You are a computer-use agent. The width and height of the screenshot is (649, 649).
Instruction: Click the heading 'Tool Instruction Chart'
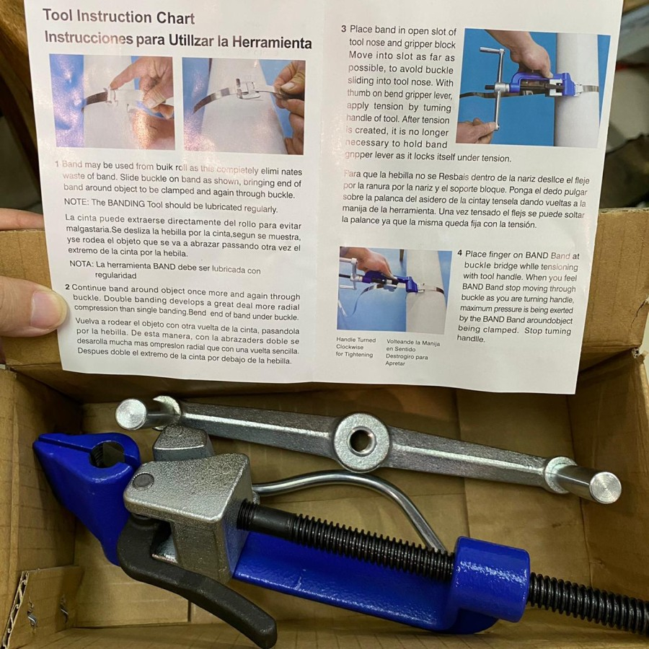[x=118, y=17]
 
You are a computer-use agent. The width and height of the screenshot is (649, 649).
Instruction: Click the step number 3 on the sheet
[x=343, y=30]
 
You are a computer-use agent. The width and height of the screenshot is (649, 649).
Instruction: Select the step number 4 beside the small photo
[x=459, y=254]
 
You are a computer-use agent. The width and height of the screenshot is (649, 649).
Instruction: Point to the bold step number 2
[x=68, y=287]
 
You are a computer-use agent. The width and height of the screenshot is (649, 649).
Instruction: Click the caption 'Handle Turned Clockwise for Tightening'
[x=356, y=347]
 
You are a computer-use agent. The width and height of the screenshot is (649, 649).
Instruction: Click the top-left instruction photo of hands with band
[x=112, y=102]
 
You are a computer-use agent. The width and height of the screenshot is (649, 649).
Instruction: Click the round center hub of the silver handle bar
[x=362, y=441]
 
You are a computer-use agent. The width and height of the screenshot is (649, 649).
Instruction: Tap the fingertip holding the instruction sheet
[x=36, y=307]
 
